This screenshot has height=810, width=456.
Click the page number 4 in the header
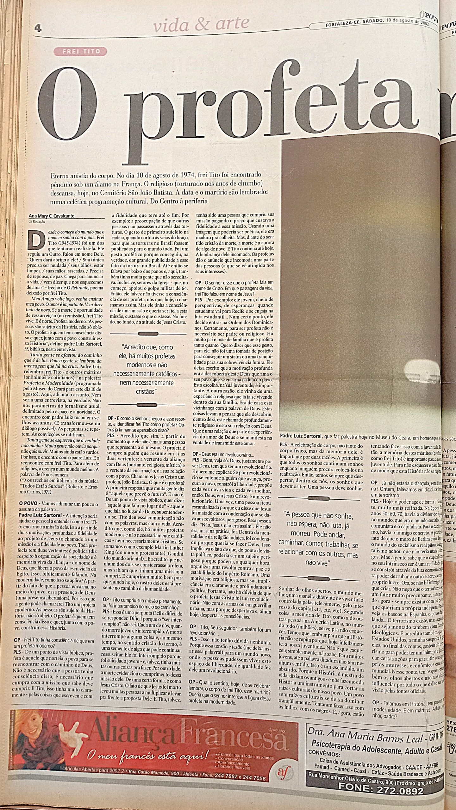click(x=38, y=28)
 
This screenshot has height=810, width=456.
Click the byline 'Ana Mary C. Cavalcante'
click(x=52, y=216)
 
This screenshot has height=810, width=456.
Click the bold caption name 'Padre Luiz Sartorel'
click(x=301, y=437)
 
